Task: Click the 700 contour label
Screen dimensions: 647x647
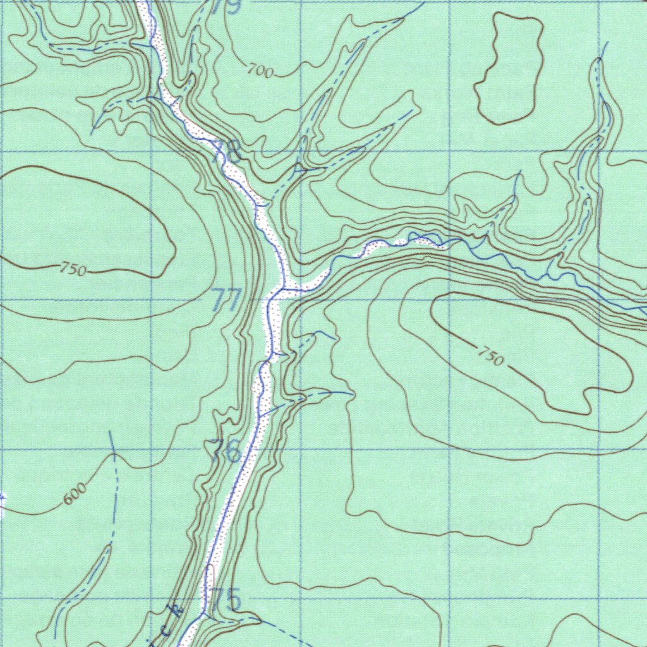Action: (260, 71)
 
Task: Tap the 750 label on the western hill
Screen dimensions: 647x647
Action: (73, 270)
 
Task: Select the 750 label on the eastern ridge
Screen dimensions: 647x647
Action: (491, 358)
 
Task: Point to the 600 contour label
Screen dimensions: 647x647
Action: (74, 498)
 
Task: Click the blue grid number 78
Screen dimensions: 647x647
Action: (226, 152)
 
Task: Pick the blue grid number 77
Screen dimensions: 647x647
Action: (226, 299)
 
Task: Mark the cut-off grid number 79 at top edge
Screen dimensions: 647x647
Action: (226, 6)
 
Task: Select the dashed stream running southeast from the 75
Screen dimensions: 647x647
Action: (278, 627)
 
